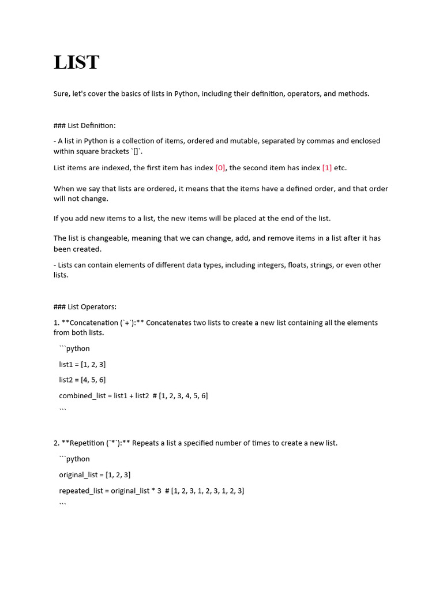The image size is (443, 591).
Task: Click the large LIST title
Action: (77, 62)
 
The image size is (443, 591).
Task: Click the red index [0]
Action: (220, 168)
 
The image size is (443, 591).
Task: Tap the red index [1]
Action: (327, 168)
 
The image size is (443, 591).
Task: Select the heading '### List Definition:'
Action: (85, 125)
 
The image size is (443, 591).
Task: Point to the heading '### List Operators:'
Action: (85, 307)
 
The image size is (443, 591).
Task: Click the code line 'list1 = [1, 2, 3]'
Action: (82, 364)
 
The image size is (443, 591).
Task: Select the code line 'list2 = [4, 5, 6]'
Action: (82, 380)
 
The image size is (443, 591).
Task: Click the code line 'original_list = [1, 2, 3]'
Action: (95, 475)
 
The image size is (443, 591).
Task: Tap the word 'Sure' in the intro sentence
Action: (61, 93)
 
